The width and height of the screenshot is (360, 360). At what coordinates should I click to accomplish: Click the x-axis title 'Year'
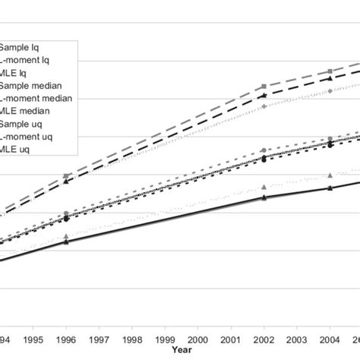[181, 350]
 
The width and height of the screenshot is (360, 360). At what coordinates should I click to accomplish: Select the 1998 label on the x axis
[131, 339]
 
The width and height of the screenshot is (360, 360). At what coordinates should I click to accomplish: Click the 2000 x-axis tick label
[197, 339]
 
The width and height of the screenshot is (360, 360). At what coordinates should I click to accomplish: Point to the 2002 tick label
[263, 339]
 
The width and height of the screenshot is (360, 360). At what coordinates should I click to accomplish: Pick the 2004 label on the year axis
[329, 339]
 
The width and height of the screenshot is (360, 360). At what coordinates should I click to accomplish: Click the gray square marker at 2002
[264, 87]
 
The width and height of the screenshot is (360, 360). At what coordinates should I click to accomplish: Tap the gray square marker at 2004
[330, 71]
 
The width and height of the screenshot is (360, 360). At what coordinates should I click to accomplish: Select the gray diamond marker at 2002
[264, 106]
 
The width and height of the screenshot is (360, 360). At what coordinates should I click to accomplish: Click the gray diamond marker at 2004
[330, 91]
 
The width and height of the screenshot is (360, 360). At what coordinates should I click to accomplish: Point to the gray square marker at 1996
[66, 175]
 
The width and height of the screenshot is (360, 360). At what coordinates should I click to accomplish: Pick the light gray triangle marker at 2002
[264, 187]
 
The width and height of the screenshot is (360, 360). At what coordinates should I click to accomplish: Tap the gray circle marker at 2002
[264, 150]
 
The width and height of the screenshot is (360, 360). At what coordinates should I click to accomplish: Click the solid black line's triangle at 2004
[330, 188]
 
